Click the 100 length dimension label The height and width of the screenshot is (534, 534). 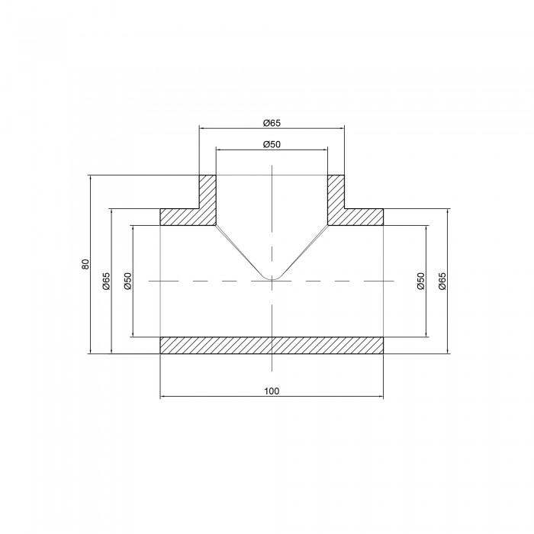[272, 391]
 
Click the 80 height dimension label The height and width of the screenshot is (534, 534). [85, 264]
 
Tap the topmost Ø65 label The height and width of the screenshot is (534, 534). [272, 123]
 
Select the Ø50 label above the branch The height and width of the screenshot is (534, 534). [272, 144]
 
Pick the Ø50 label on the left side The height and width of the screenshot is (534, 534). [127, 281]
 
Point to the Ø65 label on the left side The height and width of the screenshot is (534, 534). [106, 281]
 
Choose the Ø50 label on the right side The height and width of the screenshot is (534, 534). [421, 281]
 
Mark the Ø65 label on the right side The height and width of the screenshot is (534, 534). [442, 281]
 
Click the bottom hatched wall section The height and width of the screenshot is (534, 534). [272, 346]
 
